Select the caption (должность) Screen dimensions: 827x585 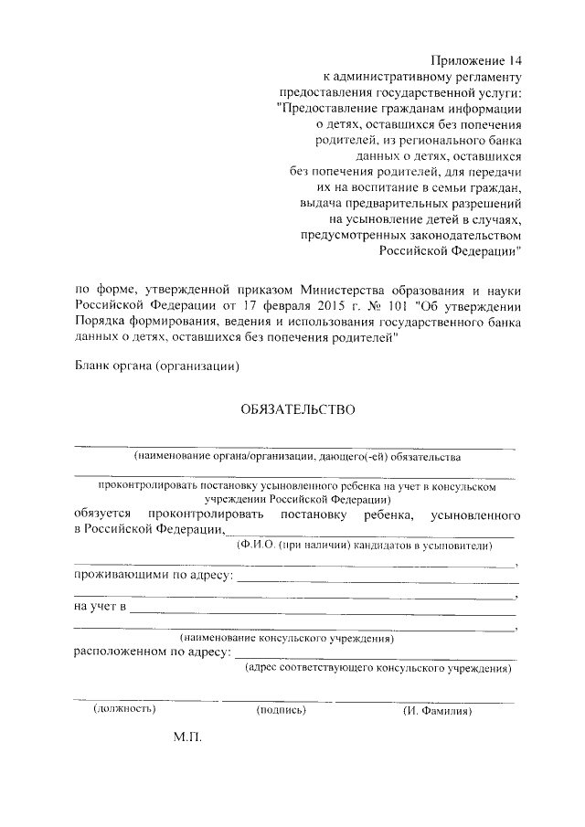click(125, 708)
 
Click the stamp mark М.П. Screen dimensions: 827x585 click(186, 737)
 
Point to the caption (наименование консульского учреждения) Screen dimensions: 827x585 click(287, 638)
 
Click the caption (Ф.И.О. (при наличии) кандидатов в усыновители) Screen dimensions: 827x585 click(364, 546)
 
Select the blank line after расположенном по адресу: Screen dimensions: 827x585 click(376, 657)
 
